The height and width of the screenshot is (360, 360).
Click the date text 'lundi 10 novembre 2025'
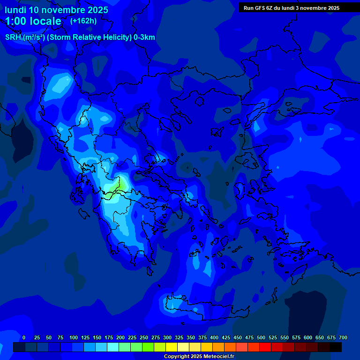[56, 10]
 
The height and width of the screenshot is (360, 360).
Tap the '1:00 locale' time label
[33, 21]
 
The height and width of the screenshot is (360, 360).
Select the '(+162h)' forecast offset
[83, 21]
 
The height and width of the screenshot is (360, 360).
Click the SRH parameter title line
[80, 37]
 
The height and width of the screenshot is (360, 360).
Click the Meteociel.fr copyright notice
[199, 356]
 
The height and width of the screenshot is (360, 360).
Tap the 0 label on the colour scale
[24, 337]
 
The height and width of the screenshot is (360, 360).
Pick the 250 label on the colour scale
[144, 337]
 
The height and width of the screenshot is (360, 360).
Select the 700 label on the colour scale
[343, 337]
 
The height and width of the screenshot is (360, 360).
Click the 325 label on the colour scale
[179, 337]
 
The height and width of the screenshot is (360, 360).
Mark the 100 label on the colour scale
[74, 337]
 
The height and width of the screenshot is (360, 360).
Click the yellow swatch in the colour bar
[172, 347]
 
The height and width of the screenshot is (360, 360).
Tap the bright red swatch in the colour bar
[265, 347]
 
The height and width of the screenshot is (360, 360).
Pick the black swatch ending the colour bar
[336, 347]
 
